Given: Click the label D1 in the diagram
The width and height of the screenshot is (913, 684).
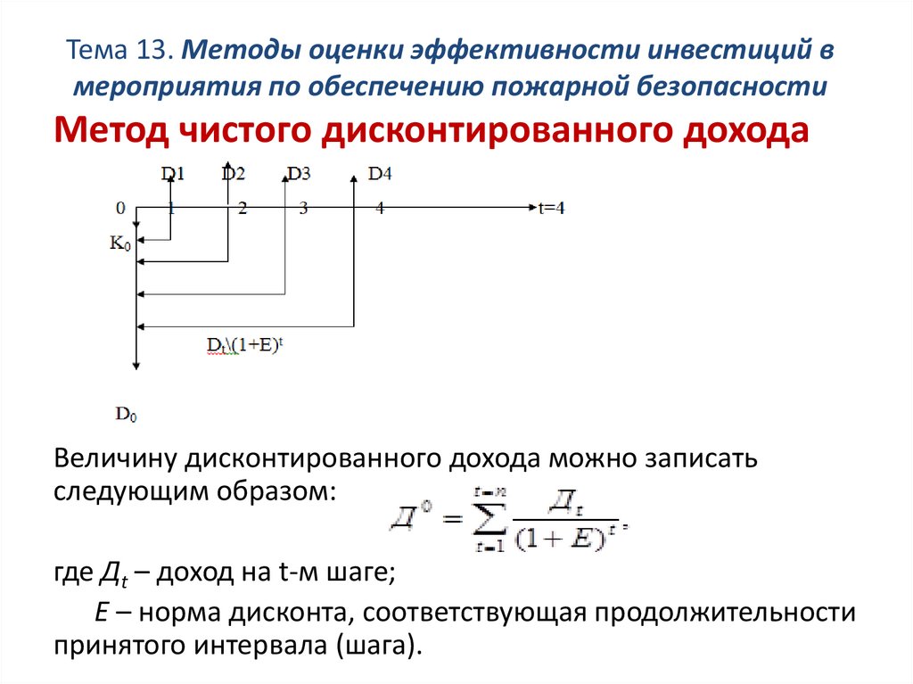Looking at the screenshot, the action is [173, 174].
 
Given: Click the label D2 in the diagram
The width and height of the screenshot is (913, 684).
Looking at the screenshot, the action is [234, 174].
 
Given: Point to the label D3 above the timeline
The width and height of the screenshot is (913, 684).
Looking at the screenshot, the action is [299, 174].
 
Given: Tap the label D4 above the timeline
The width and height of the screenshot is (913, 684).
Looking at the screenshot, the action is [380, 174].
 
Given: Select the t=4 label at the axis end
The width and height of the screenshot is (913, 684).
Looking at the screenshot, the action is [550, 208].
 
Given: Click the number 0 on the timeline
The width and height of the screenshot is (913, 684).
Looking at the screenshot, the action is [119, 208].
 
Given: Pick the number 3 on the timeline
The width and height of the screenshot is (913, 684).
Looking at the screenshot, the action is [303, 208].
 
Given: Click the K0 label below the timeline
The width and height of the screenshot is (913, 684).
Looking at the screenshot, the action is [119, 242].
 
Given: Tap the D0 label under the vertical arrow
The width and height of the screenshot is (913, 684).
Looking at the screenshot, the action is [126, 414].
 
